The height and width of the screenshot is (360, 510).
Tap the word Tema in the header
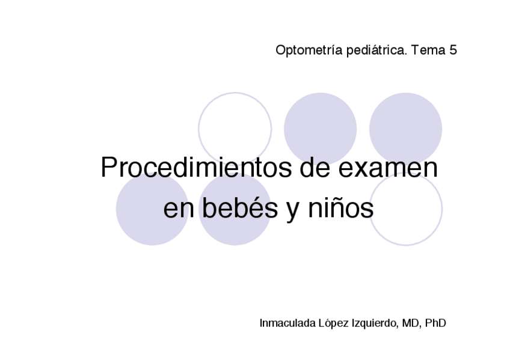tap(428, 50)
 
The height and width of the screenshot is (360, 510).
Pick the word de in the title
tap(313, 168)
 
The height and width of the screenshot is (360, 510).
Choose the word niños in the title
tap(341, 209)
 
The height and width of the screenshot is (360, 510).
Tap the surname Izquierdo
tap(375, 323)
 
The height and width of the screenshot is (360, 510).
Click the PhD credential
tap(435, 323)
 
